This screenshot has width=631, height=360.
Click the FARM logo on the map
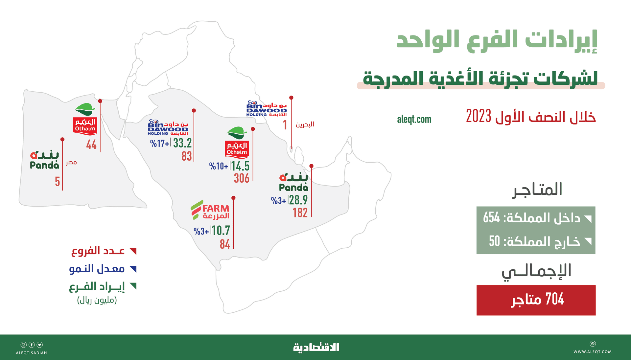[210, 210]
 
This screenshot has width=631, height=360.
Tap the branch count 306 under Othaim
[242, 178]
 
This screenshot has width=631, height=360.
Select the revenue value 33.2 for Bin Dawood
[182, 143]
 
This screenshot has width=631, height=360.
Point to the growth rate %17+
[159, 144]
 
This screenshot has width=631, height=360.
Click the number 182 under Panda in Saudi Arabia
[300, 213]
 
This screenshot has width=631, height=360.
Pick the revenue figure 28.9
[298, 200]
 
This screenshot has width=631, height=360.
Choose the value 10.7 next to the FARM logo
[221, 231]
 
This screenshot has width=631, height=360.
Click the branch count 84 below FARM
[225, 244]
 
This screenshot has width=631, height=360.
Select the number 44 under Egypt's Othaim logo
[91, 145]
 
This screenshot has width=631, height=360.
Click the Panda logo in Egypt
[44, 160]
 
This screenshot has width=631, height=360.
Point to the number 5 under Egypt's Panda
[57, 182]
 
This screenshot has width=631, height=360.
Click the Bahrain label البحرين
[305, 124]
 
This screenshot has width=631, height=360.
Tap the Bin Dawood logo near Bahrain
[267, 109]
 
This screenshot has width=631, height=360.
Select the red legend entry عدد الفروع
[98, 251]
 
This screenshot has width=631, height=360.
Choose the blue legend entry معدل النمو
[97, 269]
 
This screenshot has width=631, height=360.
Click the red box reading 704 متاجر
[536, 300]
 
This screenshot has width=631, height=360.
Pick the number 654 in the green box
[491, 218]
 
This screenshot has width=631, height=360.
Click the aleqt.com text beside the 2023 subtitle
[414, 119]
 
